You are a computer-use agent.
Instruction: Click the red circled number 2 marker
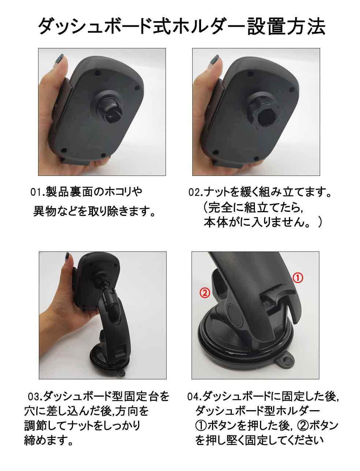coord(205,293)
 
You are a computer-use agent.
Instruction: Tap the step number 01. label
coord(37,192)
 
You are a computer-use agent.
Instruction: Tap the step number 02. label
coord(196,192)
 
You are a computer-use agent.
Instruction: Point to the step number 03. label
coord(36,397)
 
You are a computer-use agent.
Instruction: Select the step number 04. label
coord(194,397)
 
